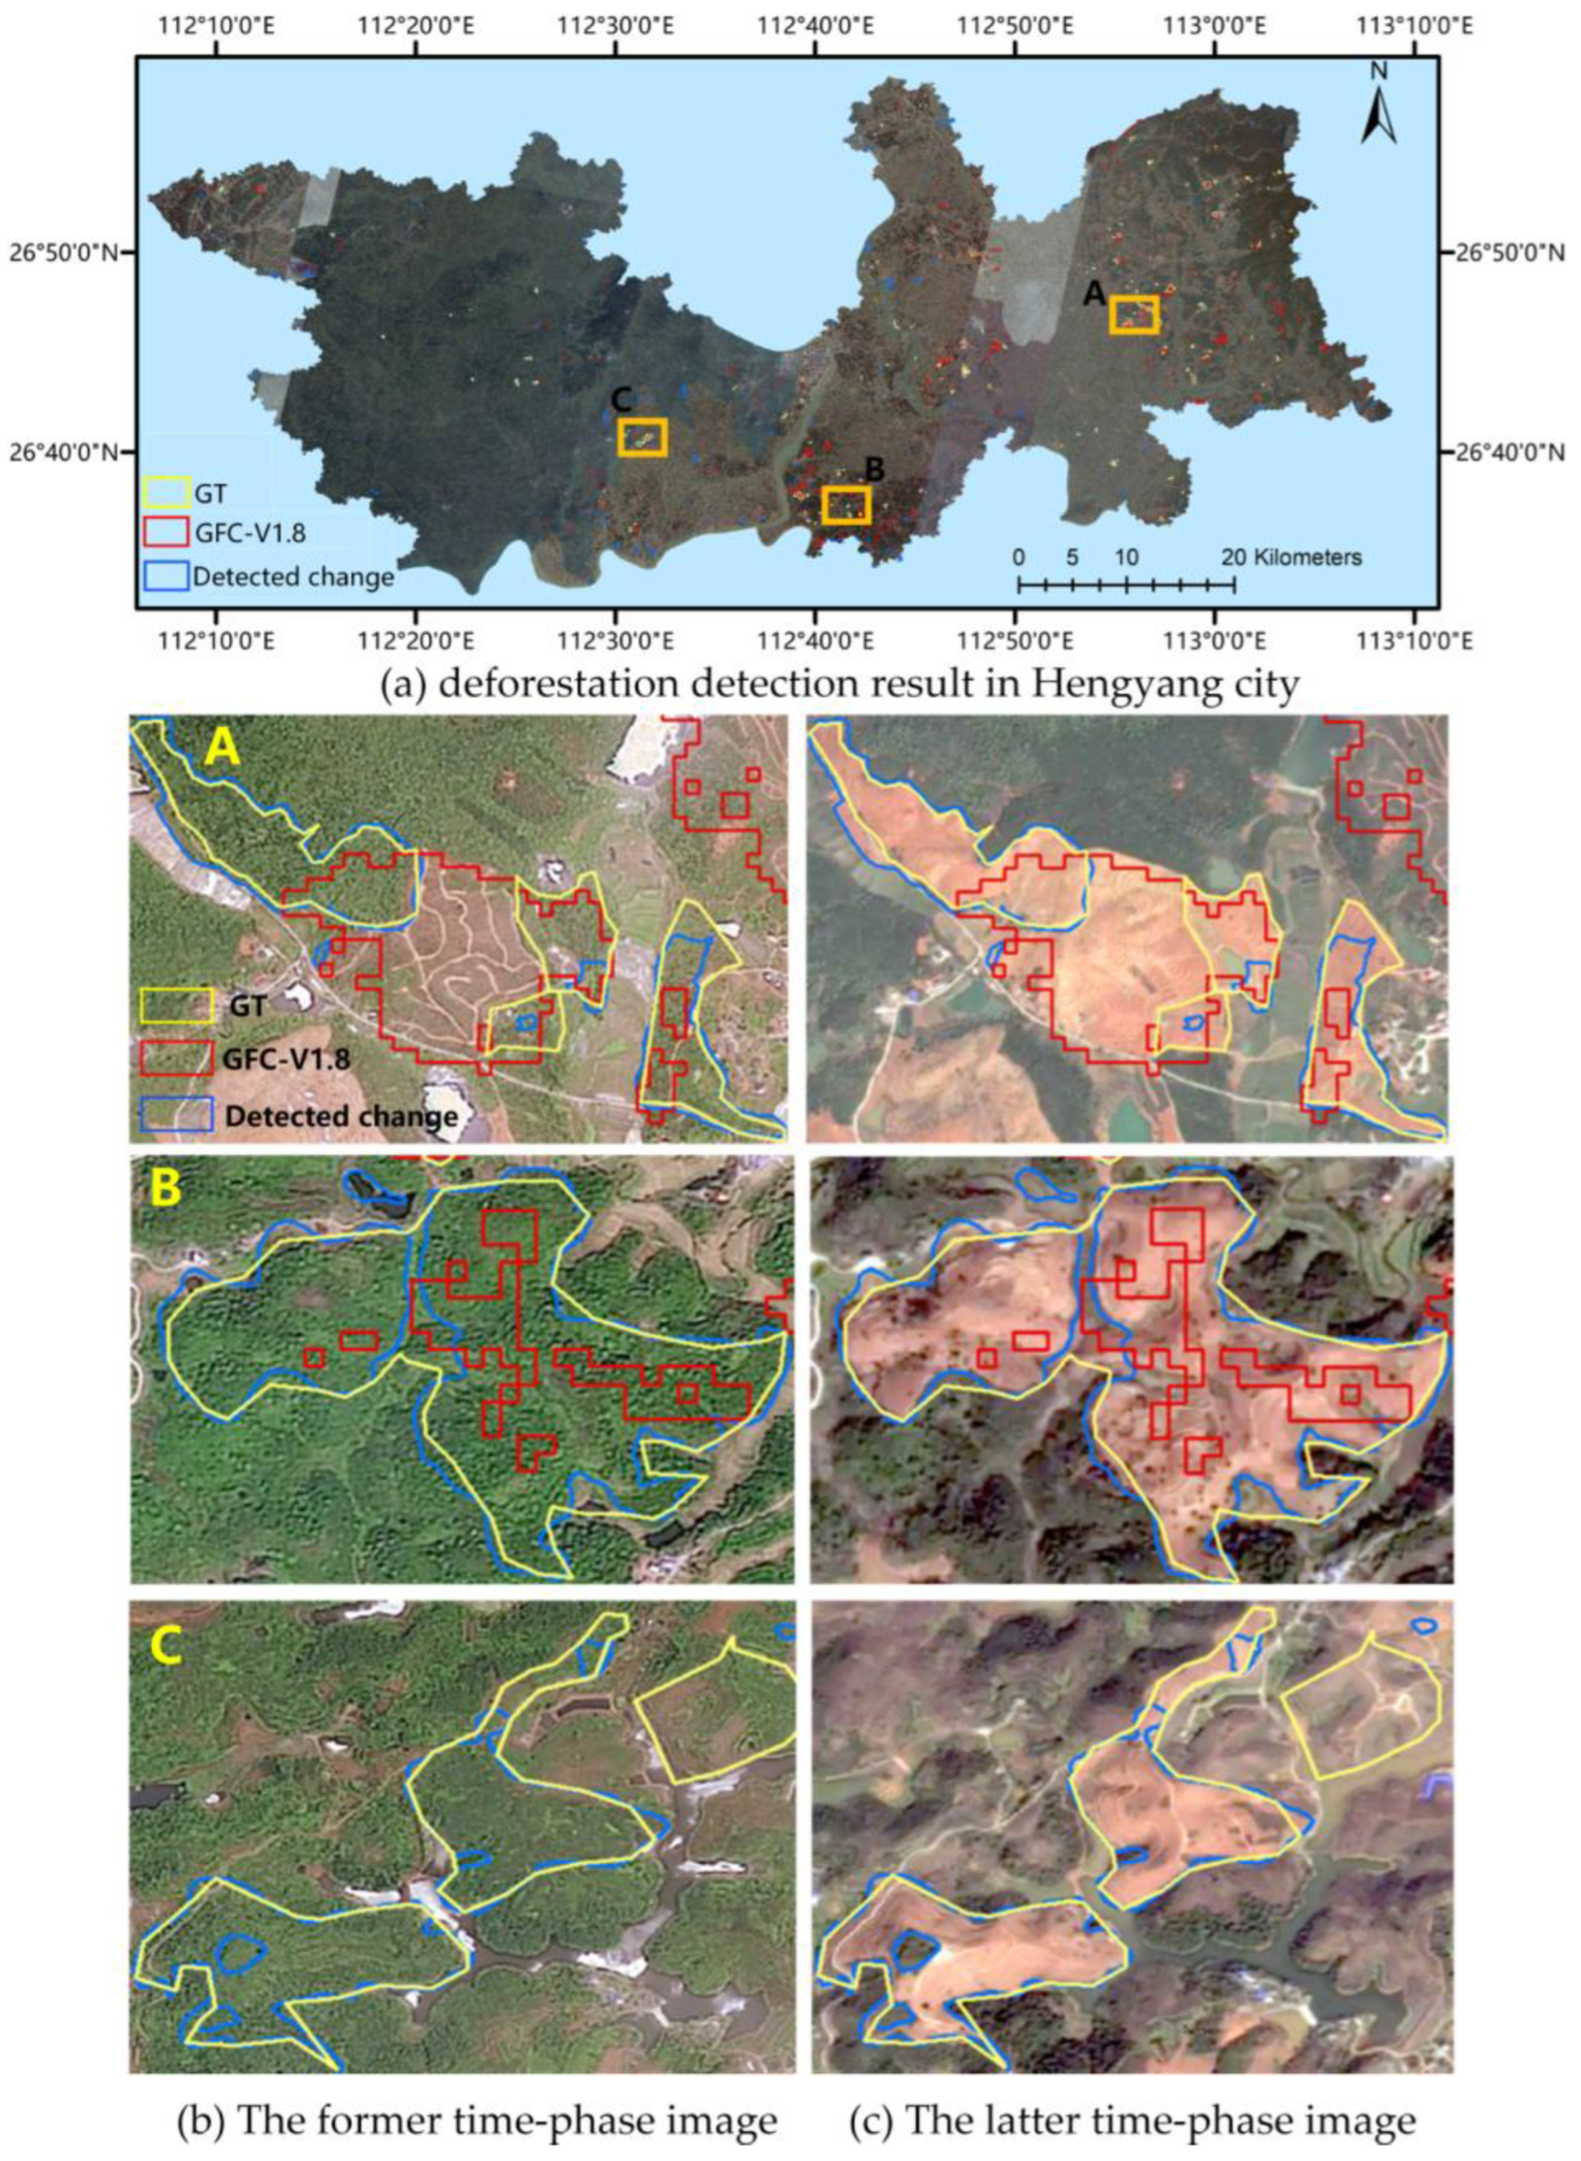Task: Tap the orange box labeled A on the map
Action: (1134, 314)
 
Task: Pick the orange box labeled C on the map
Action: (642, 437)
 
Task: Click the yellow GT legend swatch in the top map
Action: (165, 492)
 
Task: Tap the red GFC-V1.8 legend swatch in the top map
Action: (165, 532)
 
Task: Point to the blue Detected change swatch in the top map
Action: (165, 575)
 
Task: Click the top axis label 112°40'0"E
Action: (829, 23)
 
